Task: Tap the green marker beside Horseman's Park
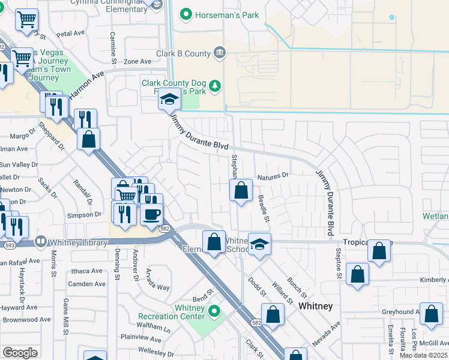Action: coord(187,14)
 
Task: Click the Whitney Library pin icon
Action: coord(40,242)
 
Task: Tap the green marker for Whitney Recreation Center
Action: coord(214,312)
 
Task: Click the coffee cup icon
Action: coord(151,213)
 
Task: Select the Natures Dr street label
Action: coord(273,176)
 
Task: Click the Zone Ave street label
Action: coord(137,61)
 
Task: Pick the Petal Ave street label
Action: coord(71,34)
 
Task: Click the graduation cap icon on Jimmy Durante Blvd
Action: coord(169,100)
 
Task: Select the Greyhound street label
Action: coord(400,312)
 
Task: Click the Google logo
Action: coord(20,353)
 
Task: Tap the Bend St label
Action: coord(203,298)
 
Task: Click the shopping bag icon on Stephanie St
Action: coord(241,191)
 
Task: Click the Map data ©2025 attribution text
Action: coord(423,355)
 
